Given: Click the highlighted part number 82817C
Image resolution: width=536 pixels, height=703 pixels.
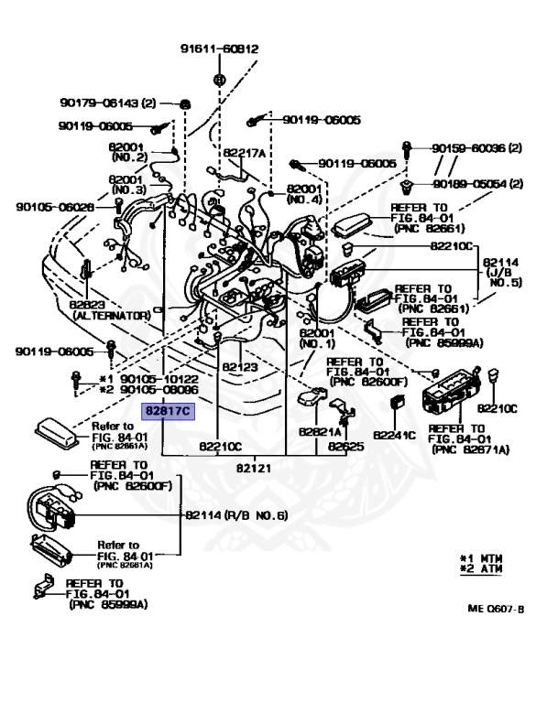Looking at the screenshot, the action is point(169,411).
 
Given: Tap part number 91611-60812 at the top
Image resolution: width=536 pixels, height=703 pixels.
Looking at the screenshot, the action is point(220,49).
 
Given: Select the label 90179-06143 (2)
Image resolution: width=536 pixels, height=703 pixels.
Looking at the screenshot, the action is point(108,103).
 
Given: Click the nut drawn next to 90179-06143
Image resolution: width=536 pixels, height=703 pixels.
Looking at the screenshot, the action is point(184,104).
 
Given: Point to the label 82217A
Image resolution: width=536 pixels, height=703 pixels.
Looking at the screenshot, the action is point(245,153).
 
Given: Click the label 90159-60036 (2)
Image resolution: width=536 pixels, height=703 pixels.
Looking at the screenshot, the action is point(476,148).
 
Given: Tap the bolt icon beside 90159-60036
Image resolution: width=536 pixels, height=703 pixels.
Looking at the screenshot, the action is point(407,149).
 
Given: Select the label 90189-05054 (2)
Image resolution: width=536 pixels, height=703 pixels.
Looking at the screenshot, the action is point(477,184).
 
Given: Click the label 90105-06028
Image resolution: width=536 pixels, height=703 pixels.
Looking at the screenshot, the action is point(55,207).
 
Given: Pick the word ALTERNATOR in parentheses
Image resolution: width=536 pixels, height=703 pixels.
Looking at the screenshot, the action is point(112,316).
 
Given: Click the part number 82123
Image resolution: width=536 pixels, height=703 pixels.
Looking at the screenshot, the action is point(240,367).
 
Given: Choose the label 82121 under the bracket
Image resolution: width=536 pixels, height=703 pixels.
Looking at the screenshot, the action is point(254,468).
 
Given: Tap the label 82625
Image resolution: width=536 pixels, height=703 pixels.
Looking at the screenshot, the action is point(346,447).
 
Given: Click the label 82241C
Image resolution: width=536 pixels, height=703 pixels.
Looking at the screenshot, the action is point(395,436).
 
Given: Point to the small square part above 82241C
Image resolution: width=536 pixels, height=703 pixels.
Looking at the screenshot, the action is point(398,402).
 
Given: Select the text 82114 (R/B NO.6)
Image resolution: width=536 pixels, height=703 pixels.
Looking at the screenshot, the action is point(236,515).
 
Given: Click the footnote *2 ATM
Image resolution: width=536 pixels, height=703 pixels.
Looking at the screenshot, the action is point(481,569).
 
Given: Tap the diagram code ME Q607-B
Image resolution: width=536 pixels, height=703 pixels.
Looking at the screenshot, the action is point(496,609).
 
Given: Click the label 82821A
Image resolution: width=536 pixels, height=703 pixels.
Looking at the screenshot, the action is point(320,432).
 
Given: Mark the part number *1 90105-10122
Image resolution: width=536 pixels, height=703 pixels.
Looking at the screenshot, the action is point(148,379).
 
